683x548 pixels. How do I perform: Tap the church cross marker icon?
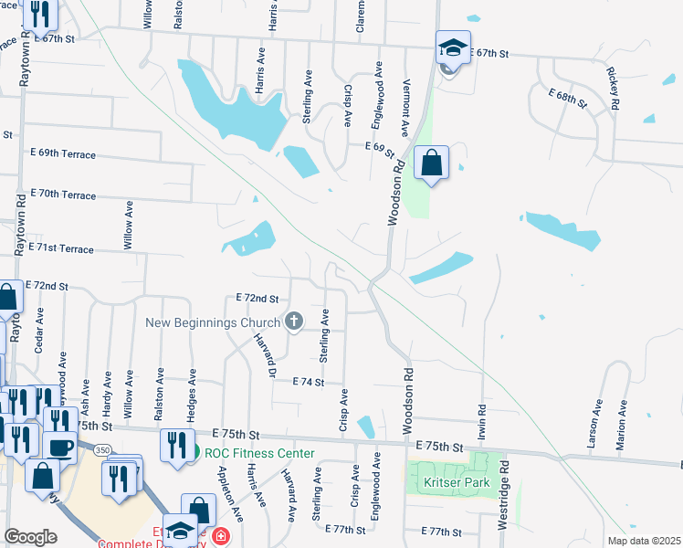[x=294, y=321]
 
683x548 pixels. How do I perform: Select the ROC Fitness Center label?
[x=259, y=453]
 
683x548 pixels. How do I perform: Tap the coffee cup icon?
[x=61, y=448]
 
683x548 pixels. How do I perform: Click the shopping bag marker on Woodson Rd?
[x=432, y=163]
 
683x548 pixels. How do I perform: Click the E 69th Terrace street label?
[x=63, y=154]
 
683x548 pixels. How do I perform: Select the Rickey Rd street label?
[x=614, y=89]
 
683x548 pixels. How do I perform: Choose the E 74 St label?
[x=309, y=383]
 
